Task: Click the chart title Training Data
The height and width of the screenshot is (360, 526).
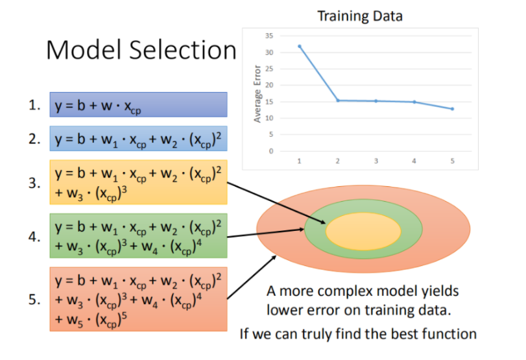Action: (360, 16)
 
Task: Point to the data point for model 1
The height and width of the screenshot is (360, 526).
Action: (300, 46)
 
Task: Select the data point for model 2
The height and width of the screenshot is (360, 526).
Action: (338, 101)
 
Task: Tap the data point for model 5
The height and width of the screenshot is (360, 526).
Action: (452, 109)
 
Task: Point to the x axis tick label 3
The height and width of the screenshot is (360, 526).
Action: (376, 160)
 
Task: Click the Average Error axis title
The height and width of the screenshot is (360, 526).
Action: (257, 95)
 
